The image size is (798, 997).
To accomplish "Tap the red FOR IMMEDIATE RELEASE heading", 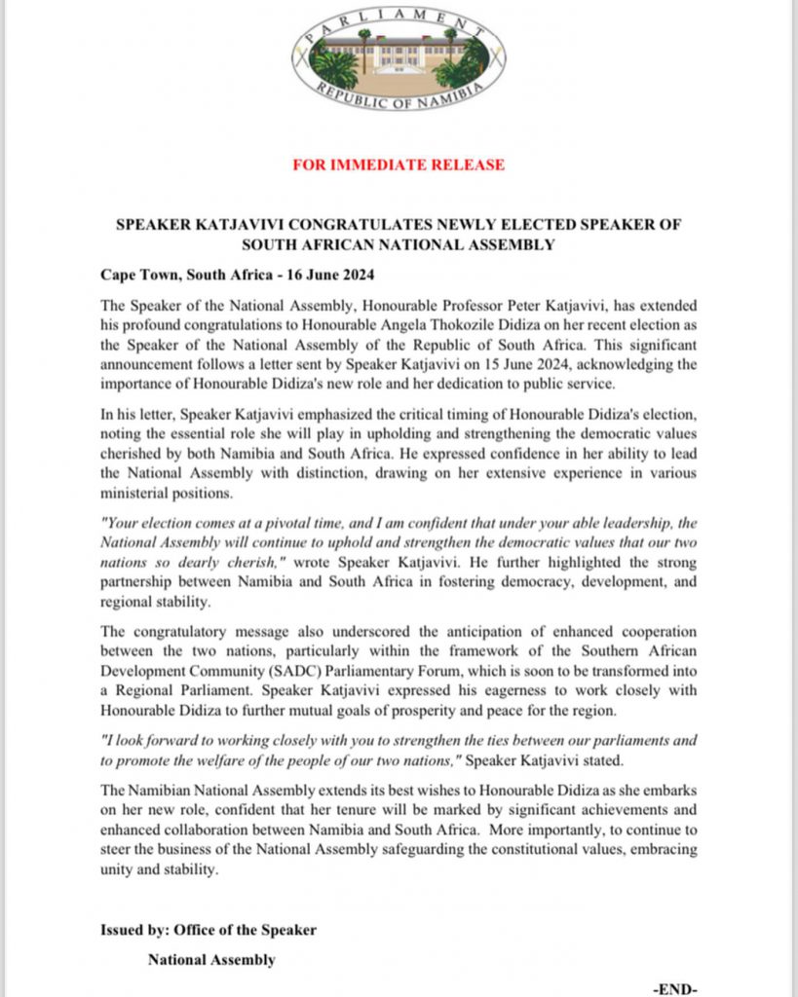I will (399, 165).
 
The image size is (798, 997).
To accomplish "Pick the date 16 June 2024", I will (330, 275).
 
